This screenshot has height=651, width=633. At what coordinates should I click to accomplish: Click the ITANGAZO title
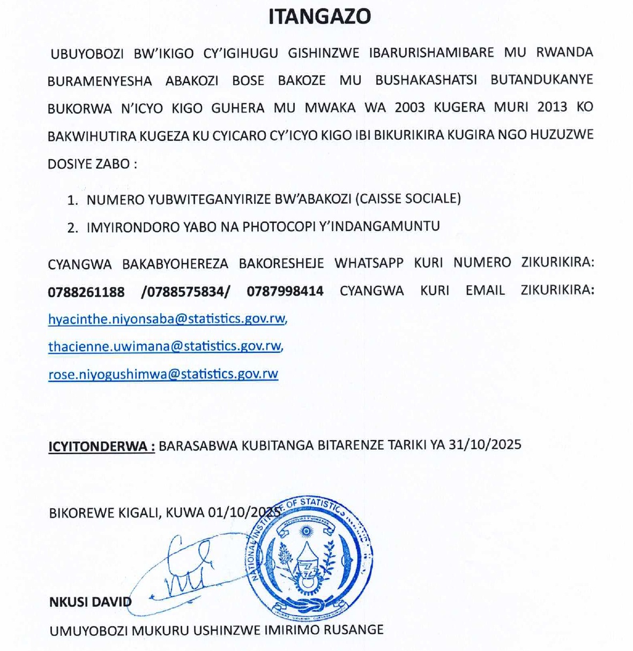pos(319,17)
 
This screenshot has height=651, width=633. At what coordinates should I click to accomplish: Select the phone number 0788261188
pos(86,292)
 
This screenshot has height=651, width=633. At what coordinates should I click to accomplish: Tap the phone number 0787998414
pos(285,291)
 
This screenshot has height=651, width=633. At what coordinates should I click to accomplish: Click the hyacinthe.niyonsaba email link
pos(167,319)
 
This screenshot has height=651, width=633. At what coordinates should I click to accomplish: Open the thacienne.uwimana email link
pos(165,346)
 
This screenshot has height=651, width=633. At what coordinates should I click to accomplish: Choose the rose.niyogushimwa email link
pos(163,374)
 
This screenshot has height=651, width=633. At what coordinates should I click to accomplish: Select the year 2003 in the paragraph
pos(410,107)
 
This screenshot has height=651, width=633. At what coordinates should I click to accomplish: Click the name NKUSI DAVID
pos(90,602)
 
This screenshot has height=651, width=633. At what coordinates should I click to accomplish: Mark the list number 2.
pos(72,227)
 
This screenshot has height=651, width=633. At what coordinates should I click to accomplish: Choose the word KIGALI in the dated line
pos(137,513)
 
